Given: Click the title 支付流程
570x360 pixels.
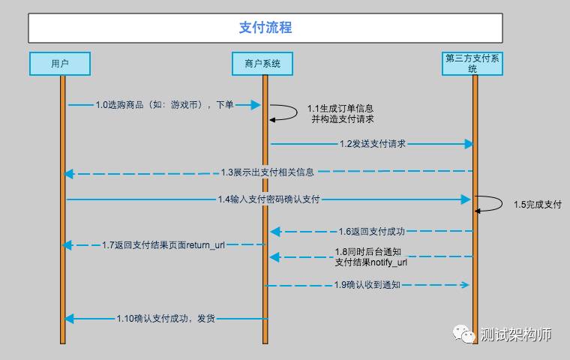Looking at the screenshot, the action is click(265, 28).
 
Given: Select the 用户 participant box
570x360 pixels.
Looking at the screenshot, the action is click(60, 64).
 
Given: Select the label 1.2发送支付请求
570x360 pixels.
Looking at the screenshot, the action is click(372, 143).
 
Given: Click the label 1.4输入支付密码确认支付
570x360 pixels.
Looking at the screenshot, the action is click(268, 199).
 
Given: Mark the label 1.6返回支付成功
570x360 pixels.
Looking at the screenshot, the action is click(371, 231).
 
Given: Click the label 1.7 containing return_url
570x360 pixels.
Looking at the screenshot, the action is click(163, 244).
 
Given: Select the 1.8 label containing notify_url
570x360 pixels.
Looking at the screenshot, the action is click(371, 257).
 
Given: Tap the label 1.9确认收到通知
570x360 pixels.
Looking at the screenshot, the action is click(367, 284).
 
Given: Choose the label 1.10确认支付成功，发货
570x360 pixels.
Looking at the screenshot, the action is click(165, 319).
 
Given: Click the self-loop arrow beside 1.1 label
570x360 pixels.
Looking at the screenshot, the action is click(286, 112).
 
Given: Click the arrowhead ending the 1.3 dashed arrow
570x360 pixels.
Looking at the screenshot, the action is click(68, 174).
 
